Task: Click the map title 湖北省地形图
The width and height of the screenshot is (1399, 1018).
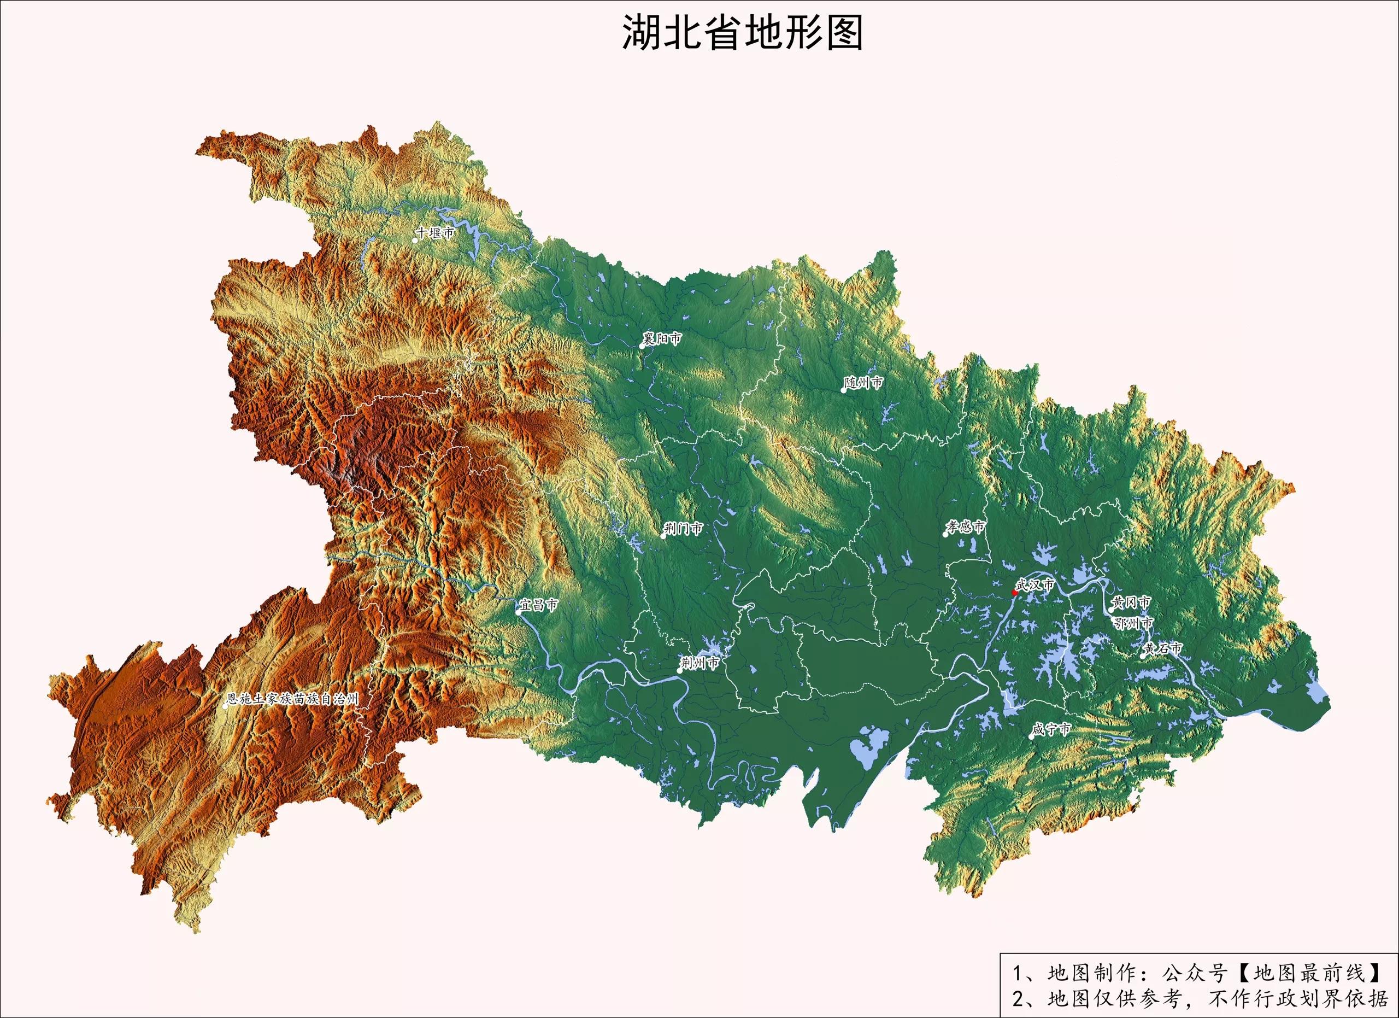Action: pyautogui.click(x=742, y=32)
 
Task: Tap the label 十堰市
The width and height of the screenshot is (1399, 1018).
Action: pyautogui.click(x=436, y=232)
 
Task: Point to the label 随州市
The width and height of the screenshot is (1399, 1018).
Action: pyautogui.click(x=864, y=383)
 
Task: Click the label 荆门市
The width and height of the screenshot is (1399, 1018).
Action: pyautogui.click(x=684, y=529)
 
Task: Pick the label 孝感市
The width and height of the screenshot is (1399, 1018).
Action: pyautogui.click(x=967, y=527)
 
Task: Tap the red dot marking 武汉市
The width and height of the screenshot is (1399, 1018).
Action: pyautogui.click(x=1015, y=592)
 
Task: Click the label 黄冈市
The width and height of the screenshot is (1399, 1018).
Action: pyautogui.click(x=1132, y=602)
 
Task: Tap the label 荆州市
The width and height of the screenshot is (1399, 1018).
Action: pyautogui.click(x=700, y=663)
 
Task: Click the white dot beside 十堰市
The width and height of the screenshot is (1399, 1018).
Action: pyautogui.click(x=415, y=240)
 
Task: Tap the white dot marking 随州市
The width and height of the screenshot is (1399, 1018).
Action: pyautogui.click(x=844, y=390)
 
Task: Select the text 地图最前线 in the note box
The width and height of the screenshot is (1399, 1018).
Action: pyautogui.click(x=1310, y=973)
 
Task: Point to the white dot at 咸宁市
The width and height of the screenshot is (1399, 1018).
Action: pyautogui.click(x=1031, y=736)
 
